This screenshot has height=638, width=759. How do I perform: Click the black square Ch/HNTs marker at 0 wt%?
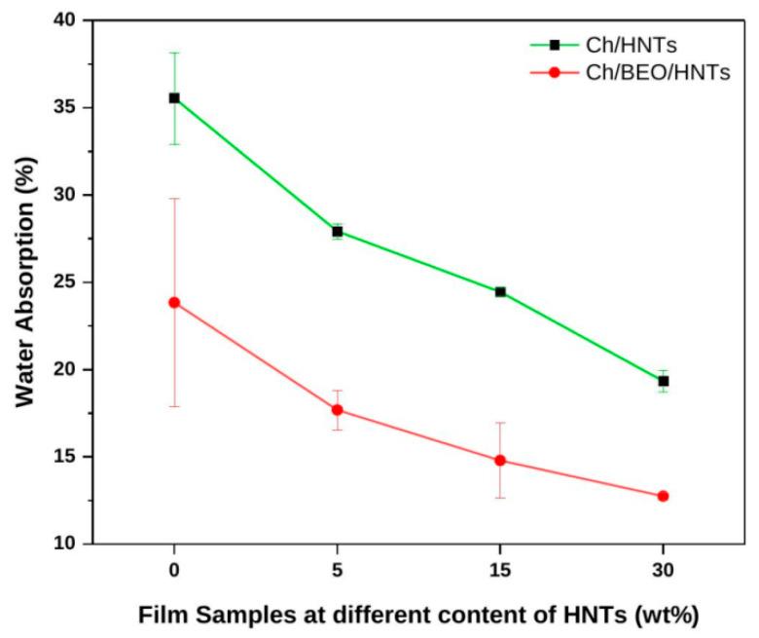pyautogui.click(x=174, y=97)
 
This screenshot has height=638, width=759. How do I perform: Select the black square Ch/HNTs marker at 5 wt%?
pyautogui.click(x=338, y=231)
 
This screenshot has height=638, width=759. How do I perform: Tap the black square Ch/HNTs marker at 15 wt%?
pyautogui.click(x=500, y=291)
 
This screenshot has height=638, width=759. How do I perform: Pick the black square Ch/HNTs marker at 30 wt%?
pyautogui.click(x=664, y=381)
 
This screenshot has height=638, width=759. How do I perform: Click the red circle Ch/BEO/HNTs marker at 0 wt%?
pyautogui.click(x=174, y=302)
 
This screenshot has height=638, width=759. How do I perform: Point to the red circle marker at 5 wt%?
pyautogui.click(x=338, y=409)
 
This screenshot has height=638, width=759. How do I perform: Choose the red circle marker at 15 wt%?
pyautogui.click(x=500, y=460)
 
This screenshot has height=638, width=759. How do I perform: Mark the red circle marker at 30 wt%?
pyautogui.click(x=664, y=496)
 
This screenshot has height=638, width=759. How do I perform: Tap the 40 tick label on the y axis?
pyautogui.click(x=69, y=20)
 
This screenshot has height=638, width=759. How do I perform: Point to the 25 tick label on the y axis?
pyautogui.click(x=69, y=282)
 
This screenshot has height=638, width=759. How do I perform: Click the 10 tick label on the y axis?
pyautogui.click(x=69, y=544)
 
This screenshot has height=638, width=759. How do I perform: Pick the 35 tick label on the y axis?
pyautogui.click(x=69, y=107)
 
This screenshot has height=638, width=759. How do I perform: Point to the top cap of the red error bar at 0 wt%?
pyautogui.click(x=174, y=199)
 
